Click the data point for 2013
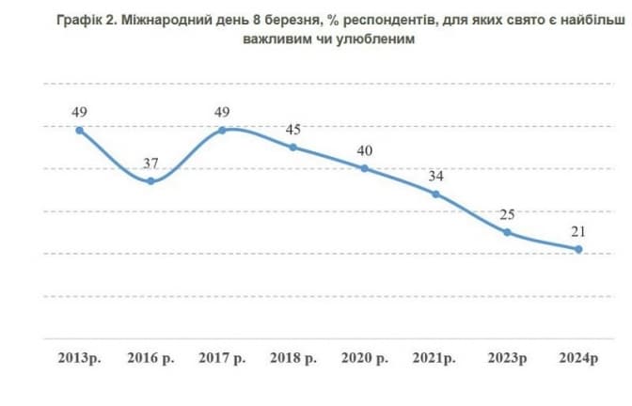pos(80,130)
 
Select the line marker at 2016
pos(150,180)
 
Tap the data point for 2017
pos(222,130)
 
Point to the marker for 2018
pos(292,147)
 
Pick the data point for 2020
pos(364,168)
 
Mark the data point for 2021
pos(435,194)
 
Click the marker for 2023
pos(507,232)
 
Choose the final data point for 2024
pos(578,249)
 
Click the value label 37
pos(150,164)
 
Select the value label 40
pos(364,151)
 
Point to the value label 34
pos(435,177)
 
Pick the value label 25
pos(507,215)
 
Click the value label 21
pos(578,232)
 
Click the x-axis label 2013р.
pos(80,359)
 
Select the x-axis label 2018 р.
pos(292,359)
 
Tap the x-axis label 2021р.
pos(435,359)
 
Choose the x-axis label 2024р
pos(578,359)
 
